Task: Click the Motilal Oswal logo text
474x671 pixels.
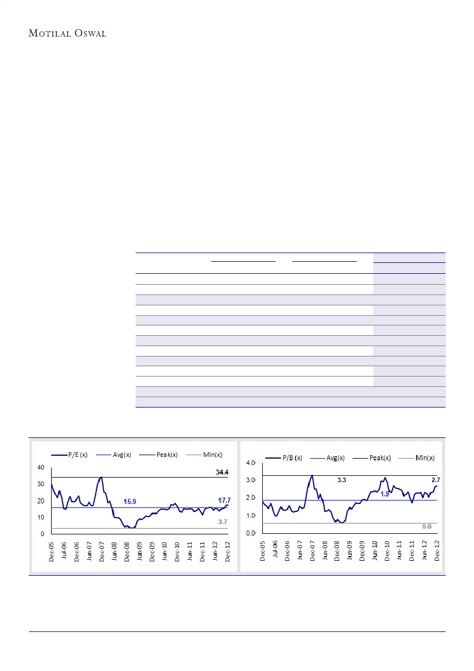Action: click(67, 33)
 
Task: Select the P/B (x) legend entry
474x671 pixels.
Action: click(287, 457)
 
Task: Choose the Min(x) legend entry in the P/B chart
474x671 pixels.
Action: click(425, 457)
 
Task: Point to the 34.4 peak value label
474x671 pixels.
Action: click(222, 472)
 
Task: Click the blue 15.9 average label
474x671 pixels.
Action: click(130, 502)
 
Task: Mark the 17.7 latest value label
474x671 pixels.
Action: click(223, 501)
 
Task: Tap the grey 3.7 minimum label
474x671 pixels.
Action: click(223, 522)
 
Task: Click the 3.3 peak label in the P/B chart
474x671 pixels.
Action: click(341, 479)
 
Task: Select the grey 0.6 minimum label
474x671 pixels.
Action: click(426, 526)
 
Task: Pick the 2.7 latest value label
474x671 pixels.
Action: click(436, 479)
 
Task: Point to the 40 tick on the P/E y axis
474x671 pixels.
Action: click(40, 468)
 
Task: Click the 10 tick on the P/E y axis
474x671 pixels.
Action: click(40, 517)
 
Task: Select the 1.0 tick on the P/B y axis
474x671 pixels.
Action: click(250, 515)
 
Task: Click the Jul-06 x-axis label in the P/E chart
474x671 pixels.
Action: click(64, 550)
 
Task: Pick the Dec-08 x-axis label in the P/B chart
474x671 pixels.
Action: click(337, 549)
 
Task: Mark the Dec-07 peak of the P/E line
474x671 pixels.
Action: click(102, 477)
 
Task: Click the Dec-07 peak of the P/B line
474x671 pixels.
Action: click(312, 475)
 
